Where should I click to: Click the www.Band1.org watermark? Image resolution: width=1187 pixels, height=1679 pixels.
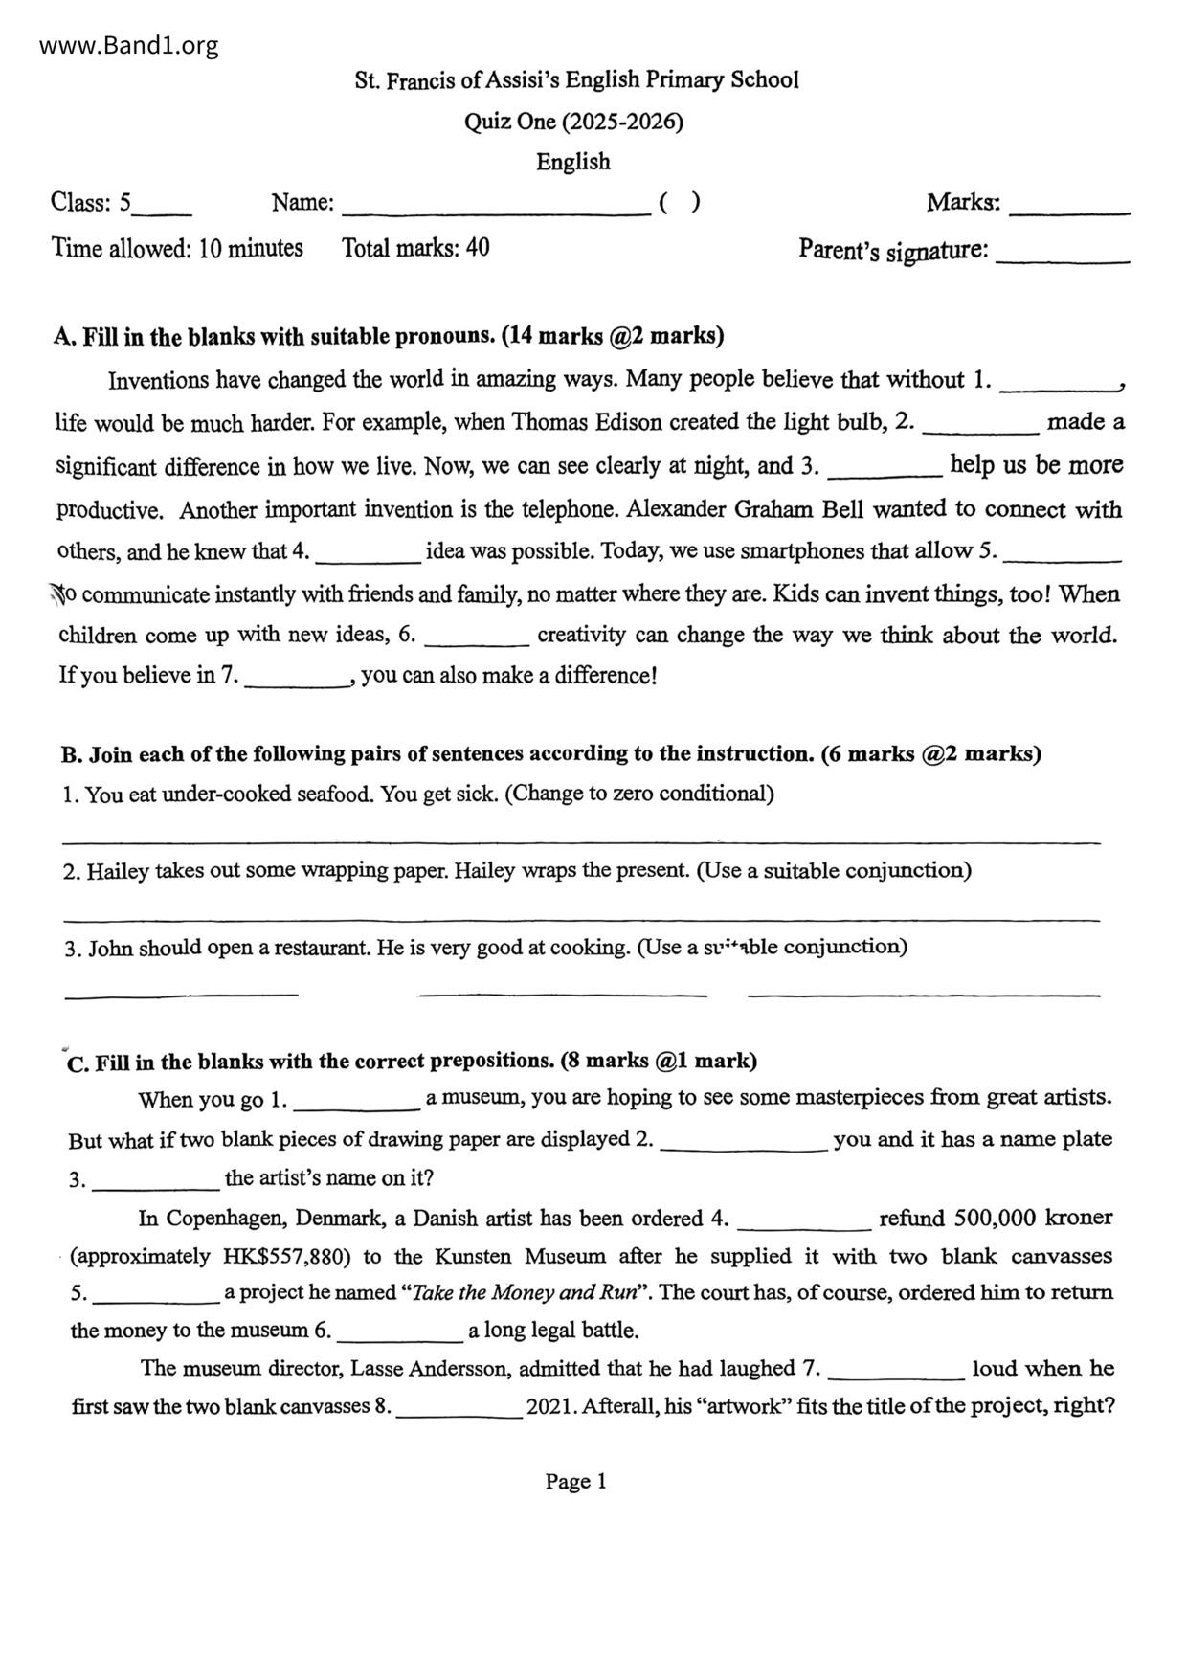click(129, 45)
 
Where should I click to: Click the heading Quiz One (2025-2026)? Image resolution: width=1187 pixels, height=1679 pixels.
click(573, 122)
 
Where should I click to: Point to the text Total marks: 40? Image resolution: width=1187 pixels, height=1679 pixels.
click(415, 248)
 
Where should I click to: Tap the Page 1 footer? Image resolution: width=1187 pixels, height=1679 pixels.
click(575, 1482)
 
